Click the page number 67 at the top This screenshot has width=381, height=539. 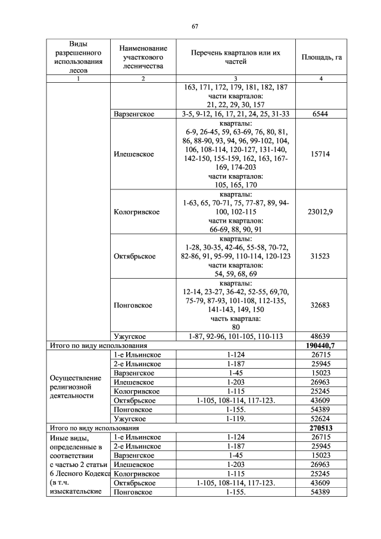pos(195,26)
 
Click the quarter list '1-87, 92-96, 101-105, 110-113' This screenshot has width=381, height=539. pos(235,337)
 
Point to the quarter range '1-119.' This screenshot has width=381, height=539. pos(235,419)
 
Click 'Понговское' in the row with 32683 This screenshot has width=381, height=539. pos(133,305)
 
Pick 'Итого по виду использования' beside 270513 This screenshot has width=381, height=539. pos(94,428)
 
